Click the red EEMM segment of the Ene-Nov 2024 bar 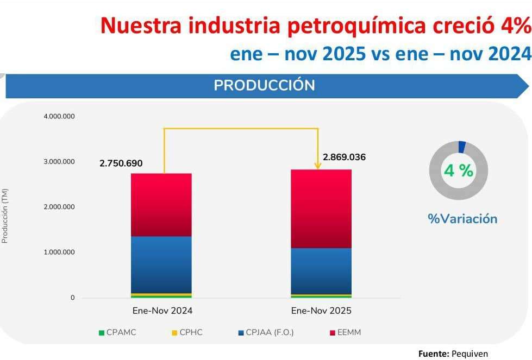(x=161, y=205)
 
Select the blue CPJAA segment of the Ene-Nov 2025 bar (x=321, y=270)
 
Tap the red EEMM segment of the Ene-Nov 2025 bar (x=321, y=209)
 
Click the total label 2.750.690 (x=121, y=163)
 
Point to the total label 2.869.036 (x=344, y=157)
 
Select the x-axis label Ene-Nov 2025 (x=321, y=311)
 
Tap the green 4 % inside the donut (x=458, y=170)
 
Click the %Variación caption (x=462, y=219)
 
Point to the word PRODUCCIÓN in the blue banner (x=264, y=86)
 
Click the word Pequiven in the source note (x=470, y=353)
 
